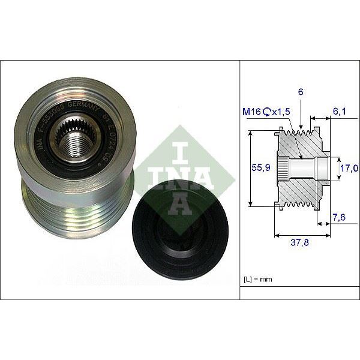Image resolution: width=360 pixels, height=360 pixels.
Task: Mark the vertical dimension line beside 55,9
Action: [x=250, y=169]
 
